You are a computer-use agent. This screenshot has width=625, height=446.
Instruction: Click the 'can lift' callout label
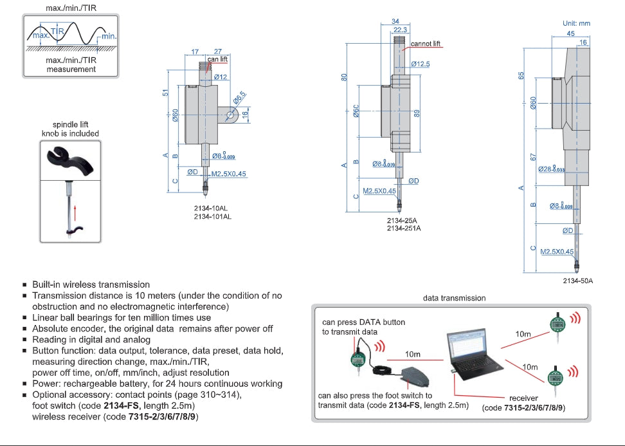coord(218,59)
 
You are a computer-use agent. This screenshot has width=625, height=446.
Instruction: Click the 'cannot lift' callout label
coord(426,43)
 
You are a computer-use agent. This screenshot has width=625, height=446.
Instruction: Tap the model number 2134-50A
coord(578,281)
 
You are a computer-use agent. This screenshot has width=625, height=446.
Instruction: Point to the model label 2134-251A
coord(404,228)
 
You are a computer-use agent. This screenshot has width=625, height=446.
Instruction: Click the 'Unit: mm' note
coord(576,23)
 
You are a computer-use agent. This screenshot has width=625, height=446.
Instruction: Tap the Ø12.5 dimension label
coord(421,64)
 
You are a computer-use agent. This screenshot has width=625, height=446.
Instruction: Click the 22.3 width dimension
coord(400,30)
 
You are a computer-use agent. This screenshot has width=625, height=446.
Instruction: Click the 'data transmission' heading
coord(454,298)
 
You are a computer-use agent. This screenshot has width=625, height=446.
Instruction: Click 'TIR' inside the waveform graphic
coord(57,31)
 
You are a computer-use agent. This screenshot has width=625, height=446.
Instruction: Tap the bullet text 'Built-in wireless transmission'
coord(91,284)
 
